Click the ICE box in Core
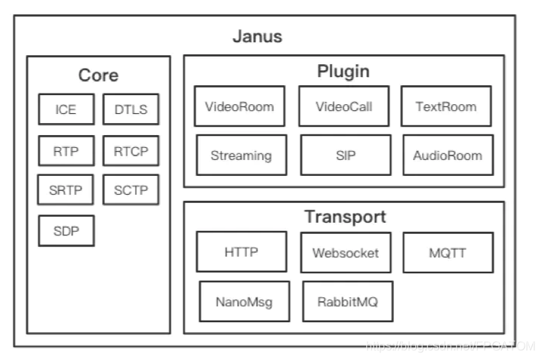[x=66, y=110]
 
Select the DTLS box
[x=131, y=110]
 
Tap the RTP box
[x=66, y=151]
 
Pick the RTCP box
[x=131, y=151]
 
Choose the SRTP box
[x=66, y=189]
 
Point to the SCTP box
[x=131, y=189]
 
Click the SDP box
[x=66, y=230]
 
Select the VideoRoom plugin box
[x=239, y=106]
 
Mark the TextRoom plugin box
[x=445, y=106]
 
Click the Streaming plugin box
[x=241, y=155]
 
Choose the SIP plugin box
[x=344, y=155]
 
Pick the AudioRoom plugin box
[x=447, y=155]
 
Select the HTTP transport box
[x=242, y=251]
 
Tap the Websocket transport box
[x=345, y=252]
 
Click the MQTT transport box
[x=447, y=252]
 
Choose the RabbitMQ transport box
[x=347, y=300]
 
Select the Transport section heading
[x=345, y=217]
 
